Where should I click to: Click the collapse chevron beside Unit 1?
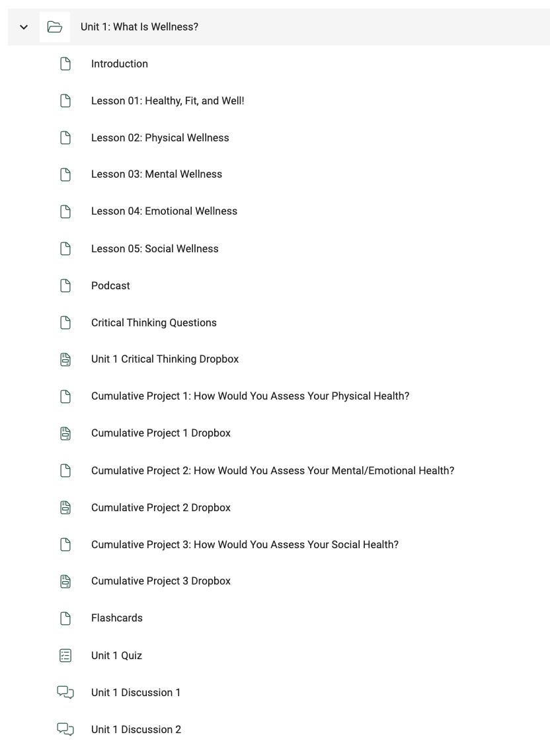click(24, 27)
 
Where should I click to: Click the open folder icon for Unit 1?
click(55, 27)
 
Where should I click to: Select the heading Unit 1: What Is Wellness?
click(139, 27)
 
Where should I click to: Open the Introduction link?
click(119, 64)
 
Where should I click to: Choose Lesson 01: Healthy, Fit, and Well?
click(167, 101)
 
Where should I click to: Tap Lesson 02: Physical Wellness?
click(160, 138)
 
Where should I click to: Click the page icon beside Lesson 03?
click(65, 174)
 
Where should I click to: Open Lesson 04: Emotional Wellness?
click(164, 211)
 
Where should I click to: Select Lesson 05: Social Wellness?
click(155, 249)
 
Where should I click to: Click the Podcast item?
click(110, 286)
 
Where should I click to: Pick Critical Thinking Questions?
click(153, 323)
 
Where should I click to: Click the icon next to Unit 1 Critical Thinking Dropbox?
click(65, 359)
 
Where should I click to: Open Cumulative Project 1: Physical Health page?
click(250, 396)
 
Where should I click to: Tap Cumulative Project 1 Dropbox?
click(161, 433)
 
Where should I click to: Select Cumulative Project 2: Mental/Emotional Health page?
click(272, 471)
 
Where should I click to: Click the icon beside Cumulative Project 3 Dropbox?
click(65, 581)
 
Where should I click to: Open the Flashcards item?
click(116, 618)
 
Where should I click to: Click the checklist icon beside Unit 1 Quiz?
click(65, 656)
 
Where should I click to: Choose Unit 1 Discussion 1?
click(136, 693)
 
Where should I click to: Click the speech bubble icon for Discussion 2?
click(65, 730)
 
